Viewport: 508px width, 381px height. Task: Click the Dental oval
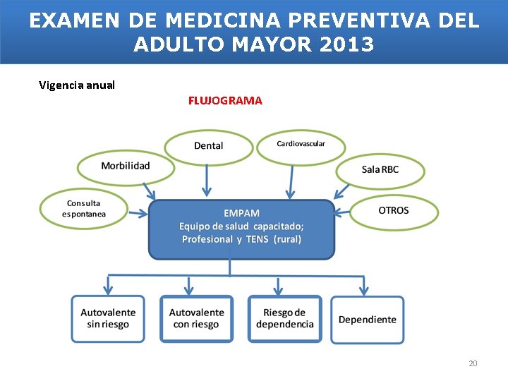click(208, 146)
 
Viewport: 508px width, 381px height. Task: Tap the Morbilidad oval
click(126, 167)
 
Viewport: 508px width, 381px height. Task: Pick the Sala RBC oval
click(380, 170)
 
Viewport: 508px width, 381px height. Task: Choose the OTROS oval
click(394, 211)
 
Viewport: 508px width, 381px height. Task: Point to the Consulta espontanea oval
click(84, 209)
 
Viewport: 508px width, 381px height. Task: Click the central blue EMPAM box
click(241, 228)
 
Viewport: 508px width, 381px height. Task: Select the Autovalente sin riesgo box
click(108, 319)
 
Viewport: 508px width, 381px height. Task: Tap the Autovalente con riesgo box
click(197, 319)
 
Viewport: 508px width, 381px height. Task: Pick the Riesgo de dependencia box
click(284, 319)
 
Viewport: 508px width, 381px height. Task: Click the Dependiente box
click(368, 320)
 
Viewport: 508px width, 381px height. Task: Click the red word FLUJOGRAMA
click(225, 101)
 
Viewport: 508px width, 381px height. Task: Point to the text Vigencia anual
click(77, 85)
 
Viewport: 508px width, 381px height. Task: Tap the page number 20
click(473, 363)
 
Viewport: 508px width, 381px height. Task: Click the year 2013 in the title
click(346, 44)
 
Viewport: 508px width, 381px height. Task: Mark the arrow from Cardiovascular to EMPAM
click(290, 181)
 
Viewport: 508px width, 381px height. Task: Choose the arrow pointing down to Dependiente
click(364, 285)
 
